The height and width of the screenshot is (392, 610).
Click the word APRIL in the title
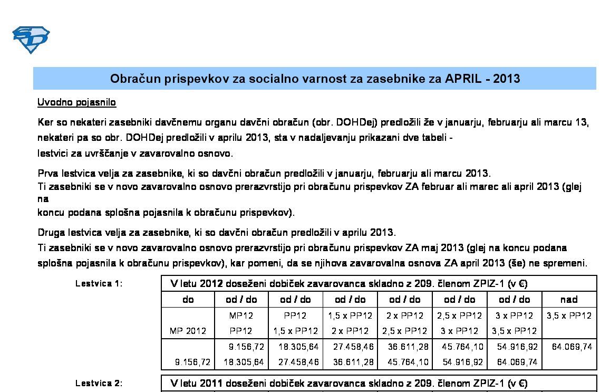tap(463, 79)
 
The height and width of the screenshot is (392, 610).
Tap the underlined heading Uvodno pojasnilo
tap(77, 102)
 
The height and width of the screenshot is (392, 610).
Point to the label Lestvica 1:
tap(99, 283)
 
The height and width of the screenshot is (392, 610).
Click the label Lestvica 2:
tap(99, 384)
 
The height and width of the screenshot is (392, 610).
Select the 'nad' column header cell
tap(569, 299)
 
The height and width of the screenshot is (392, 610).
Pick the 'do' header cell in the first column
tap(188, 299)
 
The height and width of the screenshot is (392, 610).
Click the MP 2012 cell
tap(188, 331)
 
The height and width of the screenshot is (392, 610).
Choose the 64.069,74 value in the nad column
tap(572, 347)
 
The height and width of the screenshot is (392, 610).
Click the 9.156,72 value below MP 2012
tap(193, 362)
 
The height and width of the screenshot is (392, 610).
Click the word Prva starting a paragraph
tap(48, 173)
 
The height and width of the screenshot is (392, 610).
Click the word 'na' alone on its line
tap(43, 199)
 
